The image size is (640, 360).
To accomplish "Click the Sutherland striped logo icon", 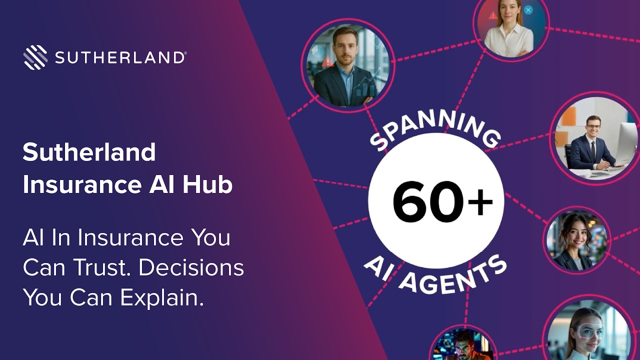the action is (35, 57).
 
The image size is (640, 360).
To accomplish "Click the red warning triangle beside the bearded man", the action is (327, 61).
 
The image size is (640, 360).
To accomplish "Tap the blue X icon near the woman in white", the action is (528, 10).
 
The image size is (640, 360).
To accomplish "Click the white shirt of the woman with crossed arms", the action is (508, 40).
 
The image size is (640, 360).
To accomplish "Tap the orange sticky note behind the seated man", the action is (568, 116).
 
